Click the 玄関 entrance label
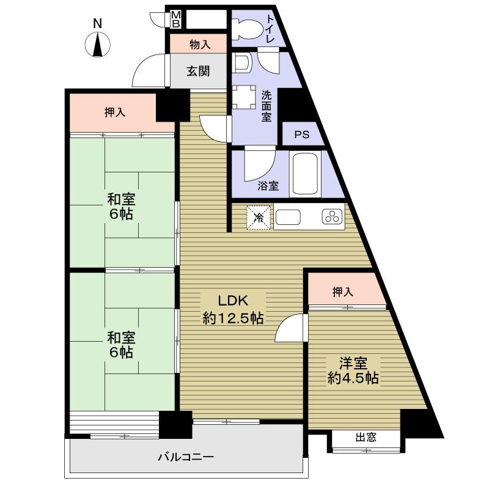pyautogui.click(x=198, y=71)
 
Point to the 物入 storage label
pyautogui.click(x=200, y=44)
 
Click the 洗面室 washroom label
pyautogui.click(x=267, y=106)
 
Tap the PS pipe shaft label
pyautogui.click(x=302, y=135)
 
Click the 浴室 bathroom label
pyautogui.click(x=268, y=186)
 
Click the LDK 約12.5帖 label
pyautogui.click(x=233, y=309)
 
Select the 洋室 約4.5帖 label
pyautogui.click(x=353, y=370)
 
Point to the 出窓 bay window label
pyautogui.click(x=366, y=437)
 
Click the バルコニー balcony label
pyautogui.click(x=186, y=457)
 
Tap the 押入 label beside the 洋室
pyautogui.click(x=343, y=292)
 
